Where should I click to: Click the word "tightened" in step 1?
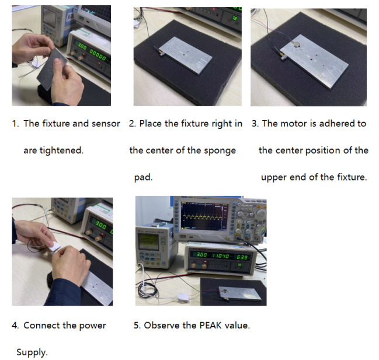tap(61, 151)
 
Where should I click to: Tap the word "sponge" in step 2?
tap(220, 151)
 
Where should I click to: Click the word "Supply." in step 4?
tap(32, 352)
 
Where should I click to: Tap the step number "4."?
tap(15, 326)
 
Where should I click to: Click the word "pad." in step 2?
tap(143, 177)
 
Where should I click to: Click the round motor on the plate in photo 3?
tap(296, 44)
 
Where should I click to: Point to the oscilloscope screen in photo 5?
tap(205, 216)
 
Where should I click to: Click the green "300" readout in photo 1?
tap(81, 46)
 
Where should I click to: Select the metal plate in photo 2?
tap(185, 56)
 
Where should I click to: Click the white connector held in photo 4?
tap(55, 247)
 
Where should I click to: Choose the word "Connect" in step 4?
tap(41, 326)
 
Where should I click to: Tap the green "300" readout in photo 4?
tap(101, 226)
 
